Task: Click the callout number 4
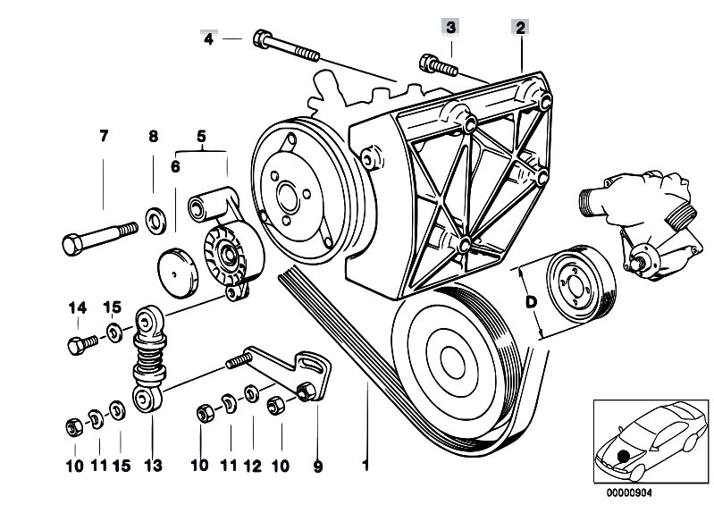[209, 38]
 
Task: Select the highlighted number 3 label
[452, 28]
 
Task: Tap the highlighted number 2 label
[519, 28]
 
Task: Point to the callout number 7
[104, 137]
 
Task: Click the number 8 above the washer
[153, 137]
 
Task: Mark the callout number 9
[318, 465]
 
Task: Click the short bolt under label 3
[433, 63]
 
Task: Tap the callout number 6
[175, 165]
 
